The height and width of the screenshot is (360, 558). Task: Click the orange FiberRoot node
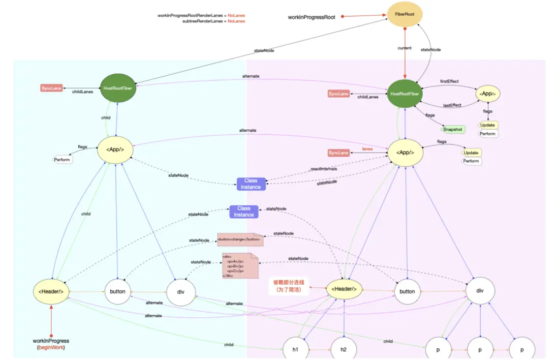tap(405, 15)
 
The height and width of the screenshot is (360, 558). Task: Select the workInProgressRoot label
tap(312, 17)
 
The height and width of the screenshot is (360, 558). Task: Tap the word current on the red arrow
tap(405, 48)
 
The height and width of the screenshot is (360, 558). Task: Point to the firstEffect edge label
tap(450, 81)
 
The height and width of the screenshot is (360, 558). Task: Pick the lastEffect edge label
tap(452, 105)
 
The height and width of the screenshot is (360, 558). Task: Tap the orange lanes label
tap(367, 149)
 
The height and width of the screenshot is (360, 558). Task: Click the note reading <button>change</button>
tap(239, 239)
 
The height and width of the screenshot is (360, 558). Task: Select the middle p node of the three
tap(481, 350)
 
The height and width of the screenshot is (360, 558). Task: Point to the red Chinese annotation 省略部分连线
tap(289, 282)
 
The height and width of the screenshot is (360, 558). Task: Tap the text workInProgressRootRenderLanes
tap(191, 16)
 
